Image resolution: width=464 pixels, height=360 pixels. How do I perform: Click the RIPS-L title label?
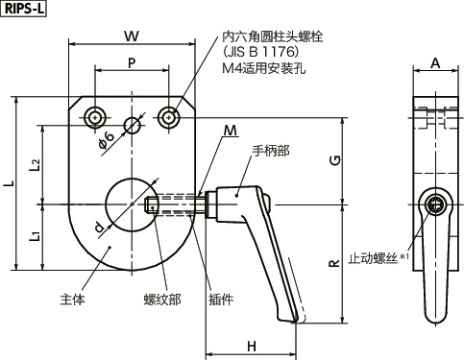point(22,11)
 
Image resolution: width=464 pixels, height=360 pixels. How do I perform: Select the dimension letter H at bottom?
point(251,345)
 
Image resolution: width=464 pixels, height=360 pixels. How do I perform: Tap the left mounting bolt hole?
point(94,118)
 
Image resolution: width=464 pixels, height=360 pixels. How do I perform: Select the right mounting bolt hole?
point(169,118)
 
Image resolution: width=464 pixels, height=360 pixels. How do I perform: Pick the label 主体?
point(73,299)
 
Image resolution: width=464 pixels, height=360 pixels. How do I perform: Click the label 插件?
point(221,299)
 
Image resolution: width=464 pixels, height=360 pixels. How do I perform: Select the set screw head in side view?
point(437,204)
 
